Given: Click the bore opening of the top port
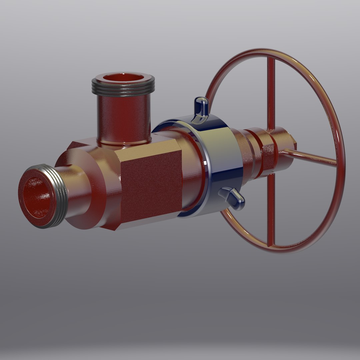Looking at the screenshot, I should [123, 78].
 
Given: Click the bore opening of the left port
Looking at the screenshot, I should [37, 197].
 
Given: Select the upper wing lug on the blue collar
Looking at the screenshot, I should [201, 107].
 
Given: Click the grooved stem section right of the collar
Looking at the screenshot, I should [253, 150].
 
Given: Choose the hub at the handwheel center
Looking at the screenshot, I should [282, 147].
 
